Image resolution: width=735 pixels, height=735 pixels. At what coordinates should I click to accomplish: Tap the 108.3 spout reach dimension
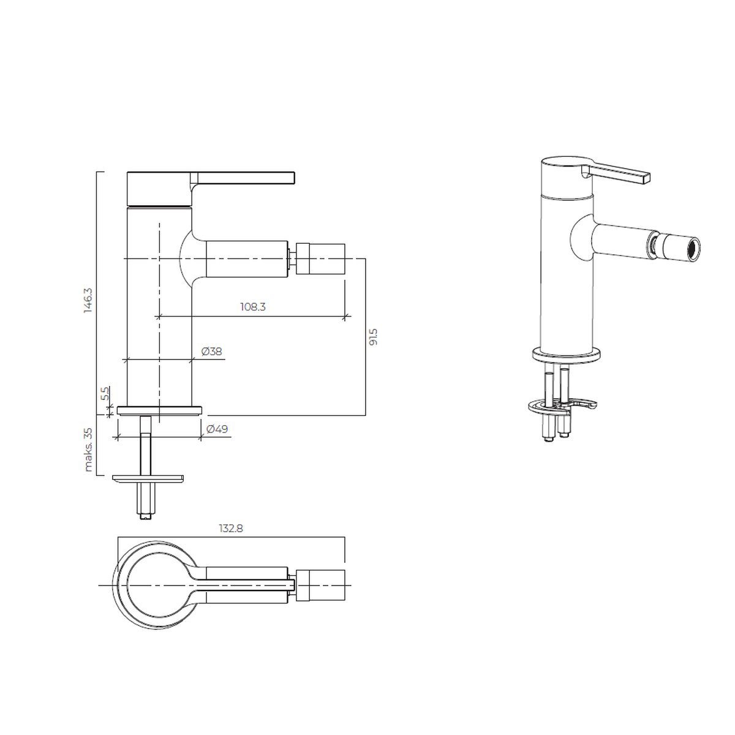click(x=252, y=306)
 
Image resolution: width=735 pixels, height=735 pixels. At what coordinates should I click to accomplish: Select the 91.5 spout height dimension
click(x=373, y=337)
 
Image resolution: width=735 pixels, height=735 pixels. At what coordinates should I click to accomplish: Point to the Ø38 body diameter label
click(x=212, y=351)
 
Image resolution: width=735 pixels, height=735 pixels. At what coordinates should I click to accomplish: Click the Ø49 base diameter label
click(x=217, y=429)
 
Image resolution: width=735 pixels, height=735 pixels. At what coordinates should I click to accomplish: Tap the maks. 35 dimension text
click(x=88, y=450)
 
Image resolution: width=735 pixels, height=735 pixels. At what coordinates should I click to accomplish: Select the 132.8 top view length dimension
click(x=231, y=528)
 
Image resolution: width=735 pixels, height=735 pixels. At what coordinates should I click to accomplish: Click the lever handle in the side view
click(x=244, y=178)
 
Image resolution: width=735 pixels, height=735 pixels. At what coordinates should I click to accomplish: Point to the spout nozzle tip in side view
click(x=320, y=258)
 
